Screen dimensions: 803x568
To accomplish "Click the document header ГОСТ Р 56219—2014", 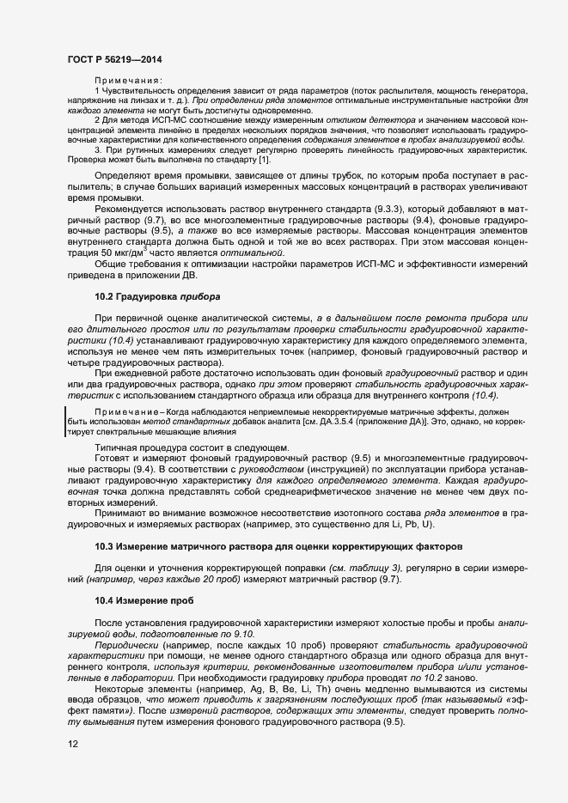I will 113,59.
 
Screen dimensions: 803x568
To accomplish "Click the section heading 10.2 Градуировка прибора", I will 157,296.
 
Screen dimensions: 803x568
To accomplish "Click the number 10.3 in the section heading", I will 104,546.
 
